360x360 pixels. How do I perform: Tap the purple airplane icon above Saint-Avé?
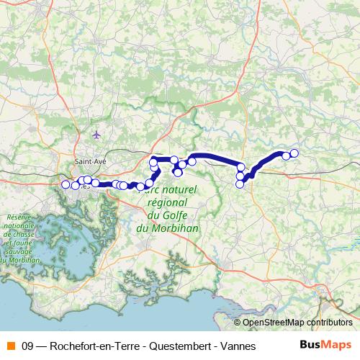97,135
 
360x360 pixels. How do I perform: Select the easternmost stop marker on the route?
294,153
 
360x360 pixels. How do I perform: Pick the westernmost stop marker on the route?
66,184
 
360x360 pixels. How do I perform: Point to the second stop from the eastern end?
286,156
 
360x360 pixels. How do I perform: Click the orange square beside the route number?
11,346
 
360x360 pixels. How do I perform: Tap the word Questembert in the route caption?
176,346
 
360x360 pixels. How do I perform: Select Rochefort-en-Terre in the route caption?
94,346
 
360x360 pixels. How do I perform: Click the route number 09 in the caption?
29,346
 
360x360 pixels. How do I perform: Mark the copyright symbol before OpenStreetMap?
238,323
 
